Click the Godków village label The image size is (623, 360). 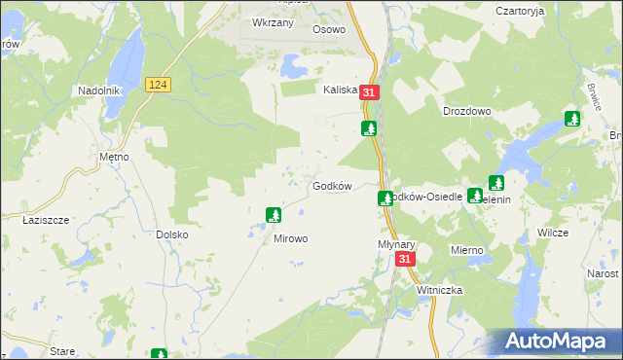point(330,186)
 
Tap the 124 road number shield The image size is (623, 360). point(160,86)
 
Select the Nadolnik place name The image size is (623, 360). point(98,90)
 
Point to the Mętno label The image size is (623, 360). point(115,156)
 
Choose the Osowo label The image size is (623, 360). point(329,29)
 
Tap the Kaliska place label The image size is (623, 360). point(341,89)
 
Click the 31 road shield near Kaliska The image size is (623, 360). point(368,92)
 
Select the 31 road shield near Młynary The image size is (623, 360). point(406,259)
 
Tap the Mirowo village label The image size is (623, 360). point(290,238)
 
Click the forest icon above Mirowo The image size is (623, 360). point(275,214)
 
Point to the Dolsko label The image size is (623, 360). point(171,234)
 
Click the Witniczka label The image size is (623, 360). point(439,290)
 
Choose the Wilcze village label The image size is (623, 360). point(553,234)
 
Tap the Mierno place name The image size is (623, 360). point(466,250)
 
